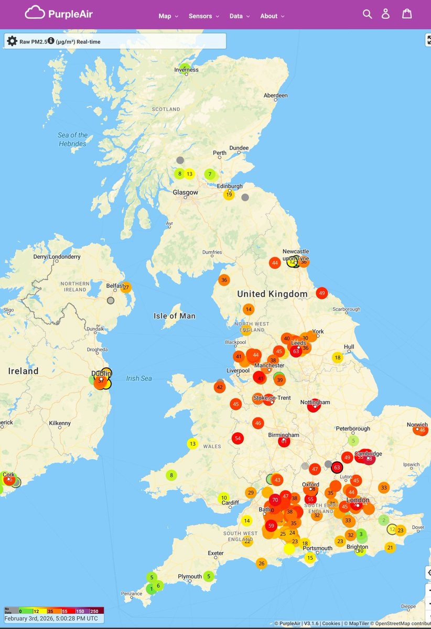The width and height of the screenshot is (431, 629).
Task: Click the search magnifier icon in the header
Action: point(367,14)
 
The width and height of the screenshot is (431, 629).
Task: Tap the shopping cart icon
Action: point(407,14)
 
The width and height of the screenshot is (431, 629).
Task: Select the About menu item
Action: point(272,16)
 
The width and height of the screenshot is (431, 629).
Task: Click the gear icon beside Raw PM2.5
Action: point(12,41)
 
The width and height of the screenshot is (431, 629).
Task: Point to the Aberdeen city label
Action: point(275,95)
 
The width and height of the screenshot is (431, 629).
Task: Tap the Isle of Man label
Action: point(175,316)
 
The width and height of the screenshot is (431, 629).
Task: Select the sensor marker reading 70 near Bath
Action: point(275,500)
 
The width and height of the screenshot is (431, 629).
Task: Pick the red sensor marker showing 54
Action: point(238,438)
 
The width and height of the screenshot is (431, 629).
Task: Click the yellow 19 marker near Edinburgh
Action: point(229,195)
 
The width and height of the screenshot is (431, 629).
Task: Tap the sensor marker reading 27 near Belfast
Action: point(126,287)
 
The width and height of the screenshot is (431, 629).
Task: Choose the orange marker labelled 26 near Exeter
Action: point(262,563)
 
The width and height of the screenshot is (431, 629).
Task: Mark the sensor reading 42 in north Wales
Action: point(220,387)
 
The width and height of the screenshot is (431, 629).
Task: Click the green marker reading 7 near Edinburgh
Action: point(210,174)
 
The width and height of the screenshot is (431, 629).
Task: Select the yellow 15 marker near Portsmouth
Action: point(310,558)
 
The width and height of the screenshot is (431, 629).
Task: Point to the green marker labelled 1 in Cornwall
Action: point(152,589)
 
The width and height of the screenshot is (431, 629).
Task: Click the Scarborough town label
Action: point(347,309)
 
